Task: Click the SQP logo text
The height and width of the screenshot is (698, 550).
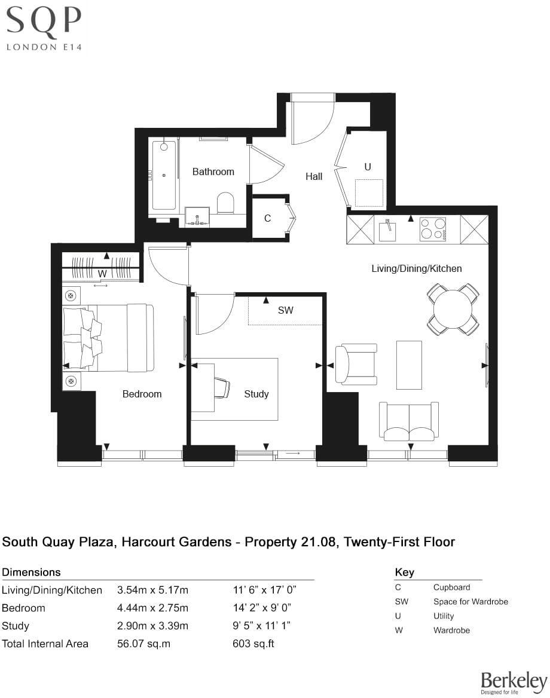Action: [43, 23]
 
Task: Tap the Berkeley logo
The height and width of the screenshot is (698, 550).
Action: [514, 682]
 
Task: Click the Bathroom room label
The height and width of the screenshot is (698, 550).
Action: [213, 172]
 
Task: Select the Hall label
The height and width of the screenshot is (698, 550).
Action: [314, 176]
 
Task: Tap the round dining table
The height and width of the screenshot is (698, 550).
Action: [453, 309]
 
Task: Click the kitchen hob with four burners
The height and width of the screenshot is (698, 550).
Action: [433, 229]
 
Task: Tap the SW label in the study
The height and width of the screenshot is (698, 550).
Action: [286, 311]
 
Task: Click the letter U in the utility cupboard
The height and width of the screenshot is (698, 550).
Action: [368, 167]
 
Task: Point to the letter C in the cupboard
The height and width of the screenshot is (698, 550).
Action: [267, 219]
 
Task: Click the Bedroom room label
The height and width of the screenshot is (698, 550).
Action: [142, 394]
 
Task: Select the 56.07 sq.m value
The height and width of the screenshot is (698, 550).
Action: [143, 644]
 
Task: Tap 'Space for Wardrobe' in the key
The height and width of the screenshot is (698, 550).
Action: [470, 601]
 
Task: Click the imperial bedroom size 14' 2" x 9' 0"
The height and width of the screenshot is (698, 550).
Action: [264, 608]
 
